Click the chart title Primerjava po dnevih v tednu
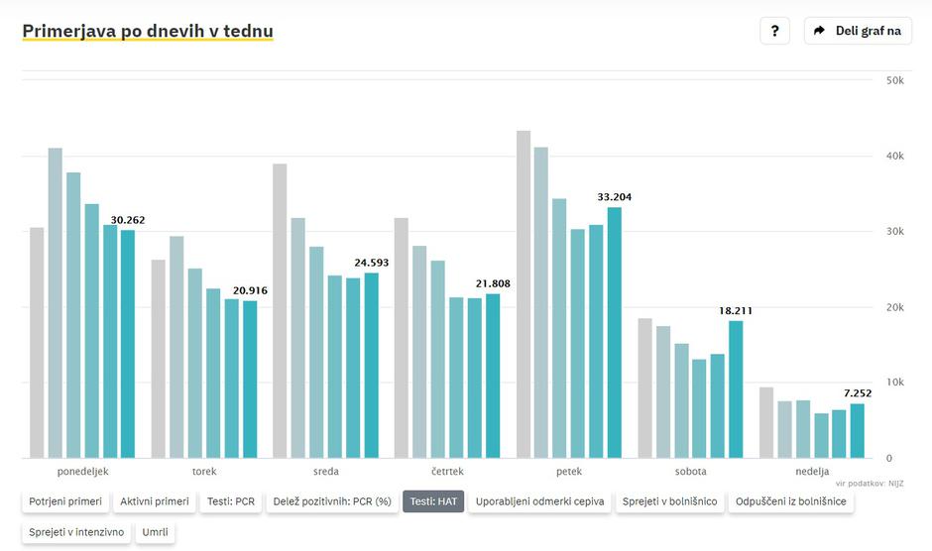point(148,31)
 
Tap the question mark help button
point(774,31)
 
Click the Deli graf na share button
point(858,31)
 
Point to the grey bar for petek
point(524,294)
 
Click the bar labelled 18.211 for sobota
point(736,388)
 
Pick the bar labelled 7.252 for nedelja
point(857,430)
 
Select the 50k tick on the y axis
point(894,80)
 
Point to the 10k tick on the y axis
point(894,383)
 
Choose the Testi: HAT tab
point(433,501)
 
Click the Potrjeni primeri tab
point(65,501)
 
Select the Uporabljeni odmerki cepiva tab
point(539,501)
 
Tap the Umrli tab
point(155,532)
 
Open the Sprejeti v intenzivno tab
point(76,532)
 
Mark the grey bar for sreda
point(280,310)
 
